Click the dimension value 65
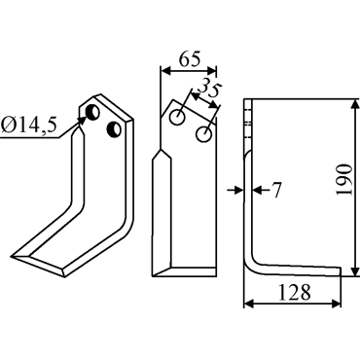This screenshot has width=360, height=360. click(x=189, y=58)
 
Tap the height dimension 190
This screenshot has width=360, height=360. click(x=343, y=179)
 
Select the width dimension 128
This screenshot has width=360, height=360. click(x=294, y=292)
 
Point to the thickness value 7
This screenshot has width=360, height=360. click(x=275, y=190)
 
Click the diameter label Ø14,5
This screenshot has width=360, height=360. click(x=28, y=125)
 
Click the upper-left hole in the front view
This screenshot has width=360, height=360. click(x=178, y=118)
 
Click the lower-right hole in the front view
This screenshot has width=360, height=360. click(x=204, y=134)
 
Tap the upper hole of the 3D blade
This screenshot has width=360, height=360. click(x=92, y=112)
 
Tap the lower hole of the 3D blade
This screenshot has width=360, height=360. click(x=114, y=129)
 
